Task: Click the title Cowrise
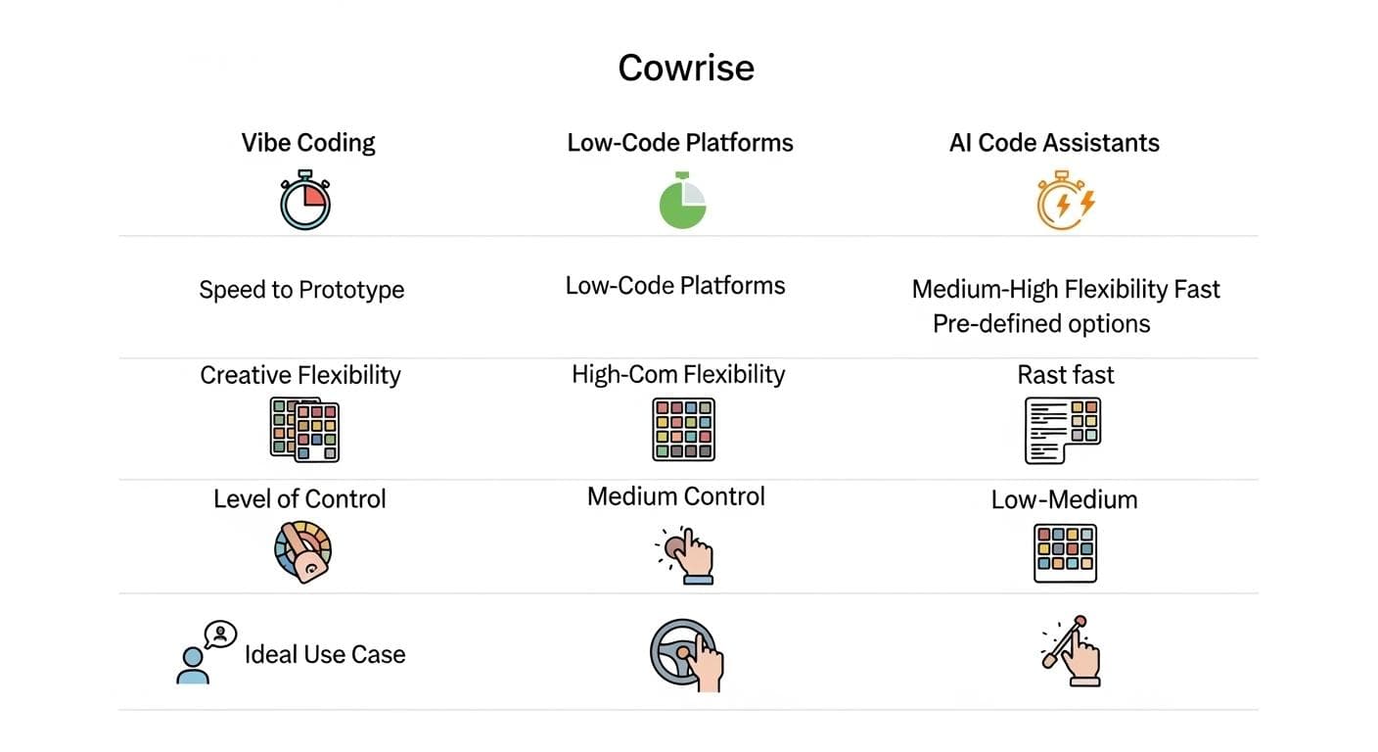tap(686, 68)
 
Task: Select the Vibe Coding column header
tap(308, 143)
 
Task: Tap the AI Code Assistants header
tap(1054, 143)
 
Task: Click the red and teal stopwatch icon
tap(305, 200)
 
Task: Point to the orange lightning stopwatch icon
tap(1064, 201)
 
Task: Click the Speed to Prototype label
tap(301, 290)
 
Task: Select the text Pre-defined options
tap(1041, 324)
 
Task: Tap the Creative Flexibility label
tap(300, 375)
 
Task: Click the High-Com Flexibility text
tap(678, 374)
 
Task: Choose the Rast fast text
tap(1066, 375)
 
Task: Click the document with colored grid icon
tap(1062, 430)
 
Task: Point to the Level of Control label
tap(299, 498)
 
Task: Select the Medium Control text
tap(675, 496)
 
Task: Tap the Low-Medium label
tap(1064, 499)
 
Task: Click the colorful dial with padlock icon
tap(302, 551)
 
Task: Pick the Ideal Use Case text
tap(325, 654)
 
